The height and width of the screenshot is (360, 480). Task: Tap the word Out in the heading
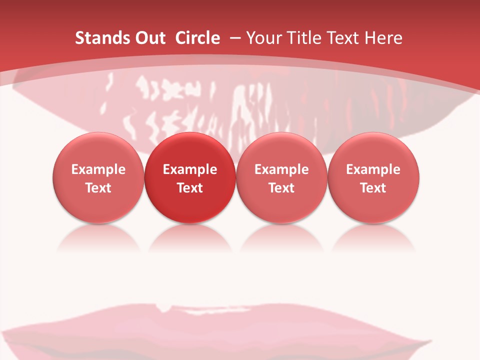(149, 38)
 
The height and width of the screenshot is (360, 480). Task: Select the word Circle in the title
(197, 38)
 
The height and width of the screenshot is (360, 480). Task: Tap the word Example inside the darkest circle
(190, 169)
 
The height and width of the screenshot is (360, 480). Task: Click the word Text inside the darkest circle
(190, 188)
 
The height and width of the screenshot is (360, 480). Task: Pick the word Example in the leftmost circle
(98, 169)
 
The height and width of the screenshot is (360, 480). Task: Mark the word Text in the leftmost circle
(98, 188)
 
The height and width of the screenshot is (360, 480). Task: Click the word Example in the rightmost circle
(373, 169)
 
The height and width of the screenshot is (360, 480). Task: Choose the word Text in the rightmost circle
(373, 188)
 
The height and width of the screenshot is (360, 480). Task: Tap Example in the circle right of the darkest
(281, 169)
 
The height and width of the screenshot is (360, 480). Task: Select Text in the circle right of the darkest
(281, 188)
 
